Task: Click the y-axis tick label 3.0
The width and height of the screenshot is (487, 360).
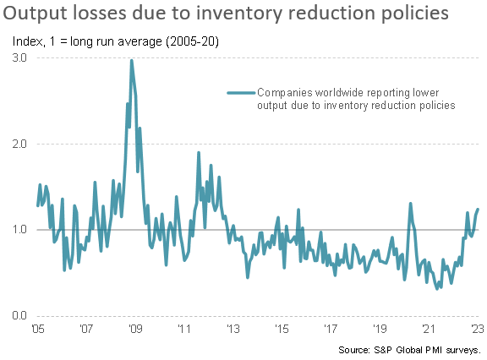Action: click(x=19, y=57)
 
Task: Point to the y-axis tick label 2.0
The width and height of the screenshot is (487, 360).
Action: click(x=19, y=144)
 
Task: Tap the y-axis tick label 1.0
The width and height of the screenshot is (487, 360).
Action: click(x=19, y=230)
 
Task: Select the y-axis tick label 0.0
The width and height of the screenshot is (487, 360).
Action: click(x=19, y=316)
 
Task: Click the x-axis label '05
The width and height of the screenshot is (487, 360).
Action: click(x=37, y=329)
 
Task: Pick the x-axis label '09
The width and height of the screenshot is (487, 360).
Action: click(x=134, y=329)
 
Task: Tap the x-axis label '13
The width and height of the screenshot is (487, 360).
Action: click(x=233, y=329)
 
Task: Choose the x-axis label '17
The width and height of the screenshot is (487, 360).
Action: click(x=331, y=329)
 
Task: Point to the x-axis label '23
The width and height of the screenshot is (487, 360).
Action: click(x=477, y=329)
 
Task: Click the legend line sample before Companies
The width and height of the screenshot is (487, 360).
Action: click(x=239, y=92)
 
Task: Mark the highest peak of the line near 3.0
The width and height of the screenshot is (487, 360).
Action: click(x=132, y=60)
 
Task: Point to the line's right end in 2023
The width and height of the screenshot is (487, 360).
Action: click(x=478, y=209)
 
